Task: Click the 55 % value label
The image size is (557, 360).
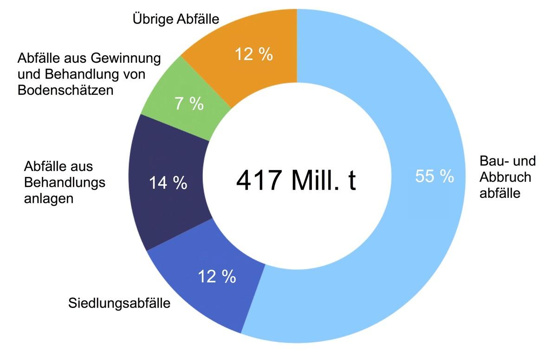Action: point(434,177)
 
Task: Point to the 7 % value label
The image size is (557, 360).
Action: point(189,104)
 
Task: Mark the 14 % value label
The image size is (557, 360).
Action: point(168,183)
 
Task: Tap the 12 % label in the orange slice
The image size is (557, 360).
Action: point(253,54)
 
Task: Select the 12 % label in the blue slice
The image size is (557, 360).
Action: point(217,277)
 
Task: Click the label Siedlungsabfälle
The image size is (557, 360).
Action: point(119,304)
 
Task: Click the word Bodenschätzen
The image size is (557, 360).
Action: point(65,90)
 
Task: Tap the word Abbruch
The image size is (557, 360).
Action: point(505,177)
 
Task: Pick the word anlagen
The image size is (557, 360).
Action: point(48,199)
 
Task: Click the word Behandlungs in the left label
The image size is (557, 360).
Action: point(65,183)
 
